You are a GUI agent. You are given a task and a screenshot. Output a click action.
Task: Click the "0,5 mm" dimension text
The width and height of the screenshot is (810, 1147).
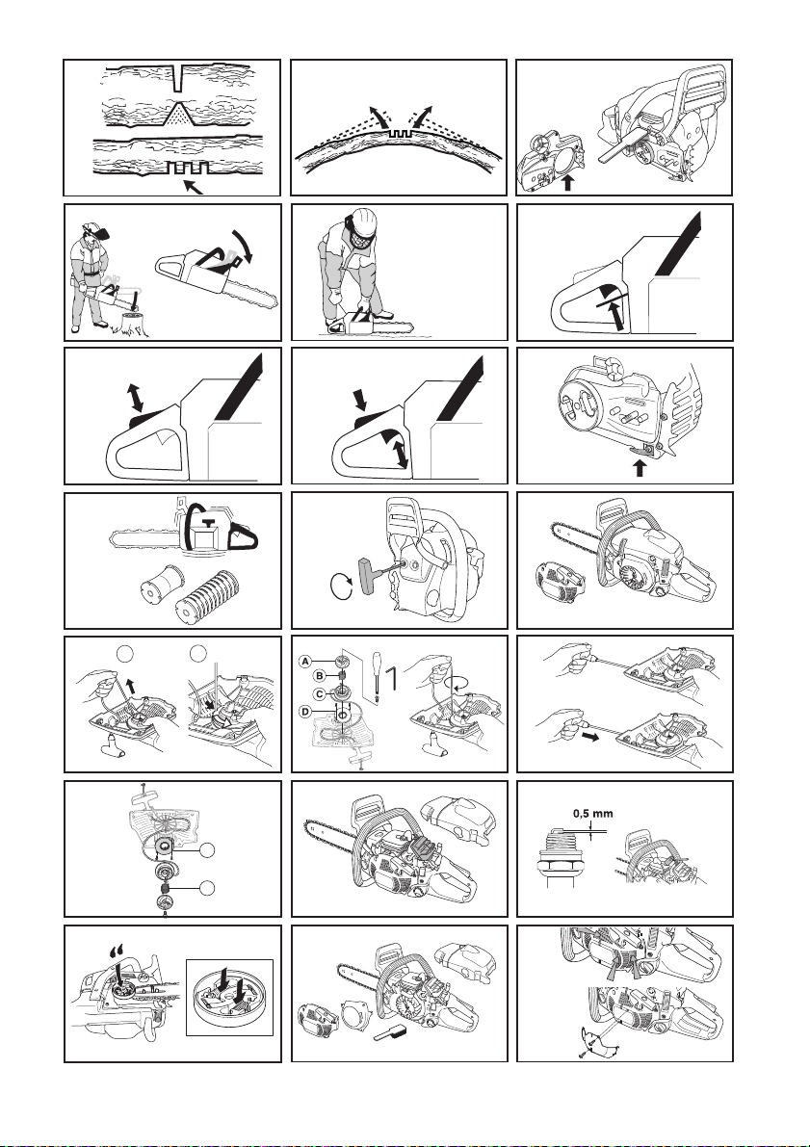pos(592,813)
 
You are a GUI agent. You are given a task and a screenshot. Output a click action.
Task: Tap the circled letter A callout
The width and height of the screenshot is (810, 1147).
pos(306,662)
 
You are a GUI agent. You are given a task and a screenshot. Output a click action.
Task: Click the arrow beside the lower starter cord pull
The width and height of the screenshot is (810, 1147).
pos(590,736)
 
